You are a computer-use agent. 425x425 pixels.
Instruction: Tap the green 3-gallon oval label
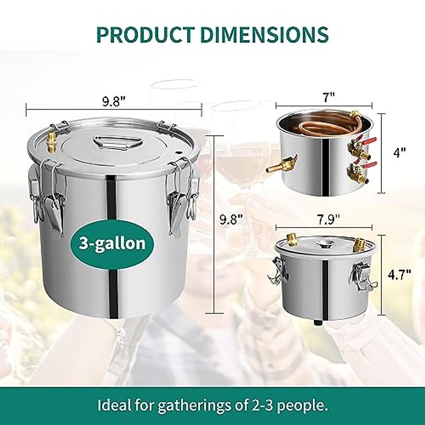click(x=112, y=243)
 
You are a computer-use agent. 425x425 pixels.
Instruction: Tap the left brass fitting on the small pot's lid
click(x=293, y=239)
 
